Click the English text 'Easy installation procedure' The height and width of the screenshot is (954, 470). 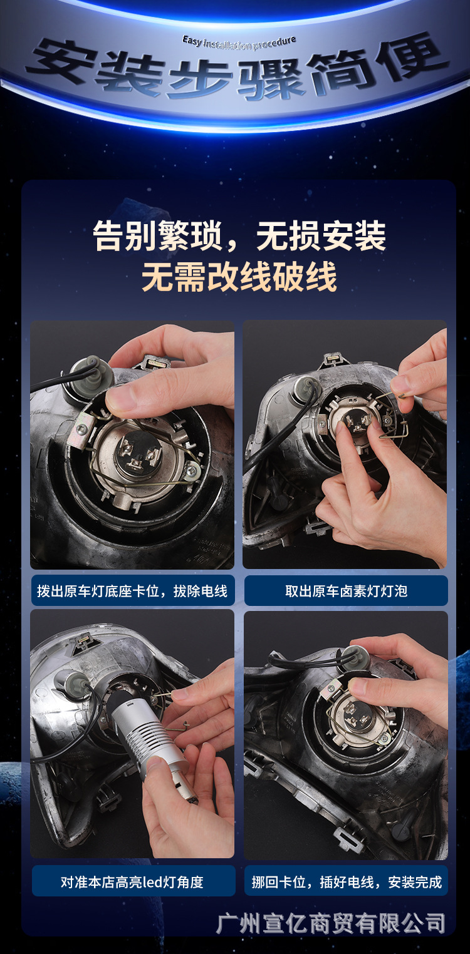pyautogui.click(x=239, y=43)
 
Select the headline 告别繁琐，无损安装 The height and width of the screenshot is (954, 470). pyautogui.click(x=239, y=236)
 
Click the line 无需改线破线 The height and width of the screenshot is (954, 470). pyautogui.click(x=239, y=277)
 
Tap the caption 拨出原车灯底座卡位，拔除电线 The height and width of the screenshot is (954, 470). pyautogui.click(x=132, y=591)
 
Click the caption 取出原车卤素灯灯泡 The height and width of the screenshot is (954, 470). pyautogui.click(x=347, y=591)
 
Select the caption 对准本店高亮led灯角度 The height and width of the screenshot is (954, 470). pyautogui.click(x=132, y=881)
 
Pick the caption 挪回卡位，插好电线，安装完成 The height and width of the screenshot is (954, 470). pyautogui.click(x=347, y=881)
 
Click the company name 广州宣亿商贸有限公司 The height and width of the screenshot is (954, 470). pyautogui.click(x=330, y=923)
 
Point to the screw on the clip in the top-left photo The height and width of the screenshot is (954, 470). pyautogui.click(x=192, y=471)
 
